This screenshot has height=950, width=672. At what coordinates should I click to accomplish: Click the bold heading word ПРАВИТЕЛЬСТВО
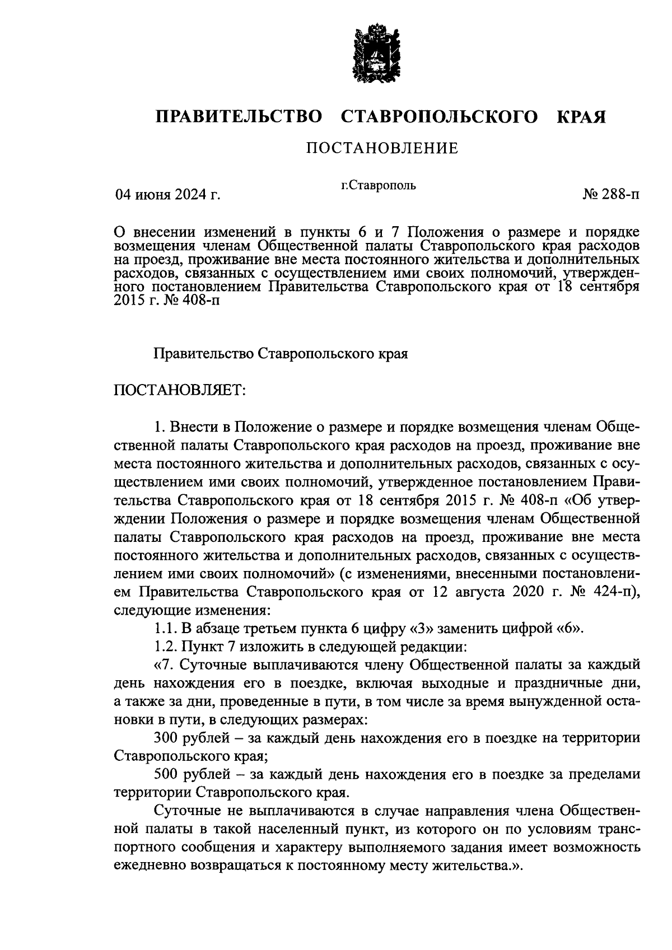[x=239, y=116]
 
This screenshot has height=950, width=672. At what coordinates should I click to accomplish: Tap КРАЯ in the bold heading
[x=581, y=116]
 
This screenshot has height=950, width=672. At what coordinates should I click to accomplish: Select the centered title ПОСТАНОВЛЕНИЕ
[x=381, y=148]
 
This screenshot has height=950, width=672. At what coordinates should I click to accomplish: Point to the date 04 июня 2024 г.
[x=167, y=195]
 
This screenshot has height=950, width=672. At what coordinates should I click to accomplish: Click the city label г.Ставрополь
[x=379, y=185]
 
